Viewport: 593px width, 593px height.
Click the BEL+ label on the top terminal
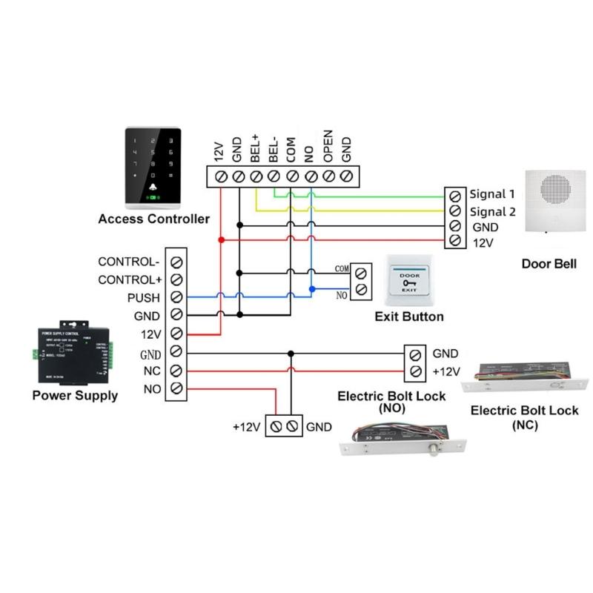coord(256,151)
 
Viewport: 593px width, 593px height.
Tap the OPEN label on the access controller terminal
coord(328,148)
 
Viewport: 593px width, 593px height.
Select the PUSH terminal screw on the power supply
coord(176,297)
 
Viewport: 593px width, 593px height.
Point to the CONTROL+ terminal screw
coord(176,279)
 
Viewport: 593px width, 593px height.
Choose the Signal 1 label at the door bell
coord(492,194)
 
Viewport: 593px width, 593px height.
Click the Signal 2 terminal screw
coord(455,211)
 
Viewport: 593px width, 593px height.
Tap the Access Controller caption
coord(153,219)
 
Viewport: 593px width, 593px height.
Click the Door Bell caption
coord(549,263)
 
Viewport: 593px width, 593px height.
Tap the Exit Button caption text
coord(409,317)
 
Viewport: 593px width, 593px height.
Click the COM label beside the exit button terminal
coord(342,268)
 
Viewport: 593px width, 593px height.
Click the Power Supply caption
coord(75,396)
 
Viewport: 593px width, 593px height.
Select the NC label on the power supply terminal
coord(152,370)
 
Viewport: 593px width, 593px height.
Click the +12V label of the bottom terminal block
coord(246,427)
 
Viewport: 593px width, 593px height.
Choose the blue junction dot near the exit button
coord(312,288)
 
